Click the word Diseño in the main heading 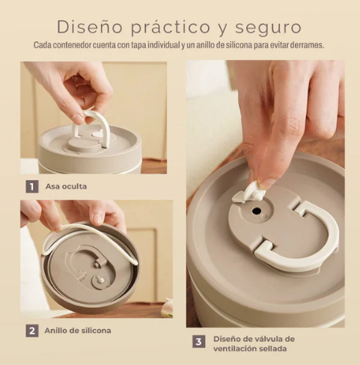click(x=90, y=27)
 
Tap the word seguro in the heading click(x=268, y=28)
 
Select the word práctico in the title click(x=171, y=27)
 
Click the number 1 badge click(x=32, y=186)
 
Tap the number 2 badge click(x=32, y=331)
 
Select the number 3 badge click(x=199, y=341)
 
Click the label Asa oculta click(x=66, y=186)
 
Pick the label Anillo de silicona click(x=78, y=331)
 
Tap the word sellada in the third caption click(x=273, y=349)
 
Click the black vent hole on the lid click(x=257, y=211)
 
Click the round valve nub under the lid click(x=101, y=280)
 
